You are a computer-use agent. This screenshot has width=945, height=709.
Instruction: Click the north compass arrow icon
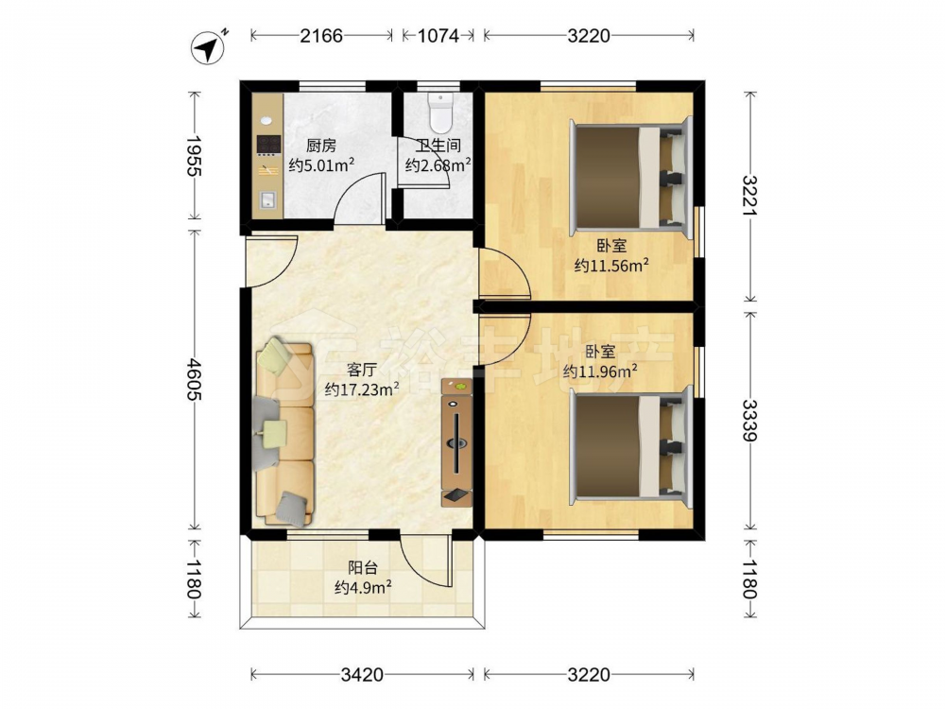208,47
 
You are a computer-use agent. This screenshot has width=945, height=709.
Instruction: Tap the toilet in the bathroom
440,112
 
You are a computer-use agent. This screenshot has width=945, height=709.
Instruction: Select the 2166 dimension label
321,36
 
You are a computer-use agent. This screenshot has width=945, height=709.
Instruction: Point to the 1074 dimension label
438,36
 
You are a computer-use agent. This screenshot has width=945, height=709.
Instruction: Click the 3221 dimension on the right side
749,196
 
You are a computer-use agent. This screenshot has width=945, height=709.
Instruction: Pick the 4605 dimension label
194,379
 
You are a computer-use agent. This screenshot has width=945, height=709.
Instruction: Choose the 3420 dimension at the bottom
362,674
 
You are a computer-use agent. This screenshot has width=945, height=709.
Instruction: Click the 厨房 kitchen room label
320,146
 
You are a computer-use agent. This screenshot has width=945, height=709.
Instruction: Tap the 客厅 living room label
362,369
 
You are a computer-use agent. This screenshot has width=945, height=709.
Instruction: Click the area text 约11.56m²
611,266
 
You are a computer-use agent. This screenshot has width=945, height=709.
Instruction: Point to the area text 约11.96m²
600,371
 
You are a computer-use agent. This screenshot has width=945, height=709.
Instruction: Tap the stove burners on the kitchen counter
268,144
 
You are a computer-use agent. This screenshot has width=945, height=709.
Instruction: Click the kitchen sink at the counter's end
267,199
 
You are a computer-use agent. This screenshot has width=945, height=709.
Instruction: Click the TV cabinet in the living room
456,441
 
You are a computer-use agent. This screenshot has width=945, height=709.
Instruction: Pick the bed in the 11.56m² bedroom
630,175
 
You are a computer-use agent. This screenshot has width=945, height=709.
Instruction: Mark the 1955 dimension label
194,156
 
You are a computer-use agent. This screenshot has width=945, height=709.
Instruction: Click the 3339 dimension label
749,421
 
